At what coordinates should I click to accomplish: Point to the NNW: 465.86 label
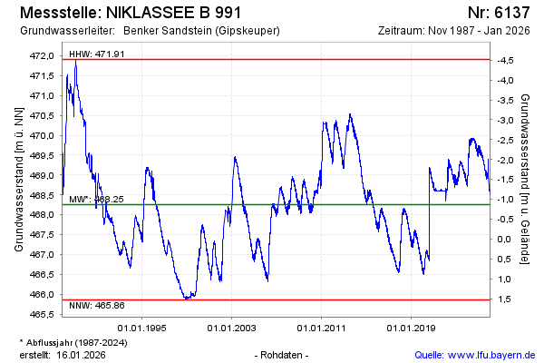click(x=97, y=307)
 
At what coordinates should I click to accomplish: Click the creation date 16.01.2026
click(x=81, y=354)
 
